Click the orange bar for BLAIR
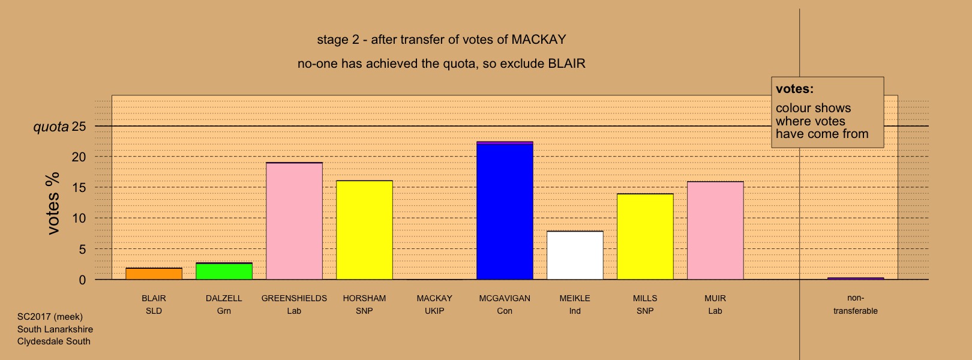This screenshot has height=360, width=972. [x=154, y=274]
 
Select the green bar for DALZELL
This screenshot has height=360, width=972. [x=224, y=271]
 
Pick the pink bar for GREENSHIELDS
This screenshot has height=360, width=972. [x=294, y=221]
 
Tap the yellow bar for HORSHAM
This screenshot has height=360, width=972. [x=365, y=230]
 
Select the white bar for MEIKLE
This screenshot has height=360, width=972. [x=575, y=256]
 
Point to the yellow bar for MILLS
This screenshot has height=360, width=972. [x=645, y=237]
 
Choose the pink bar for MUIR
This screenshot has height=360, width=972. [x=715, y=231]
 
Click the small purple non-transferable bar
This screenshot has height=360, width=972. [x=856, y=278]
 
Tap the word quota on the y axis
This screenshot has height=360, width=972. [x=51, y=127]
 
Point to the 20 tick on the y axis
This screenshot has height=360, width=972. [x=79, y=157]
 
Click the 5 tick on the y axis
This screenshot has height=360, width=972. [x=82, y=250]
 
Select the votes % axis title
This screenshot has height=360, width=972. [x=53, y=204]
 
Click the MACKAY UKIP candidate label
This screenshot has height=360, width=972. [x=434, y=304]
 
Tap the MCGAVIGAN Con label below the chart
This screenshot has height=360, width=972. [x=505, y=304]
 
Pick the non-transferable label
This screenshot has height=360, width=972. [x=856, y=304]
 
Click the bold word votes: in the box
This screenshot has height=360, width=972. [x=794, y=89]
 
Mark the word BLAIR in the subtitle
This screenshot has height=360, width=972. [x=567, y=64]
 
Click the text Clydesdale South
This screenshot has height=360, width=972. [x=54, y=341]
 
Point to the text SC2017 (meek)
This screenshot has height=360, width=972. [x=50, y=317]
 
